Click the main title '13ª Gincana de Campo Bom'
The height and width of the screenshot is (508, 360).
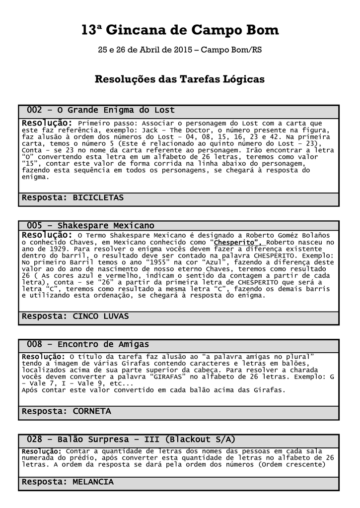[180, 31]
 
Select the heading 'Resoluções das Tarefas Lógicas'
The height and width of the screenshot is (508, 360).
[179, 79]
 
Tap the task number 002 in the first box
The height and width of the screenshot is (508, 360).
[34, 110]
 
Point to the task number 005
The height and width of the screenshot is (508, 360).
[34, 226]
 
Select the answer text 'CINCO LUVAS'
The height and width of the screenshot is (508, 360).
[101, 316]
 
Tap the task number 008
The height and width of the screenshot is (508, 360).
[34, 344]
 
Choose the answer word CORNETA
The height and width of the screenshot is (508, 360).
[92, 411]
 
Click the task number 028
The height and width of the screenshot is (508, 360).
[34, 440]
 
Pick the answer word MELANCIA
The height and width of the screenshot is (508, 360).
[93, 482]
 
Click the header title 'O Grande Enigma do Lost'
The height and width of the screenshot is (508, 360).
[116, 110]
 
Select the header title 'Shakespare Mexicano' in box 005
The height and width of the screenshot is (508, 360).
[106, 226]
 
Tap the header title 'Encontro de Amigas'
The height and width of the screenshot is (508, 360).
[103, 344]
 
